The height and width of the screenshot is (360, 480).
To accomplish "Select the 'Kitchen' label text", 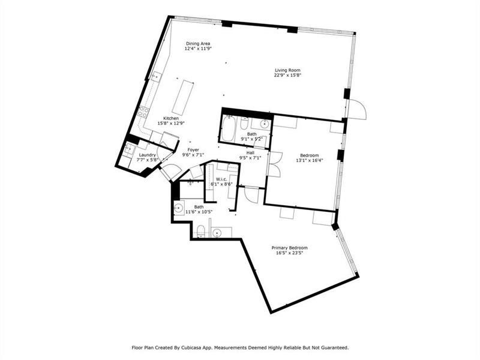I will pos(171,118).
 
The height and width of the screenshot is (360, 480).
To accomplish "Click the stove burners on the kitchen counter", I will pos(143,112).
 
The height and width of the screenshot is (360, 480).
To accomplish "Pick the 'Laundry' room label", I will pos(147,155).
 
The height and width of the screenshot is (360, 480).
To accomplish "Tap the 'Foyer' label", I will pos(193,149).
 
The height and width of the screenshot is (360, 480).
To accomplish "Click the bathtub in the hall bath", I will pos(229,130).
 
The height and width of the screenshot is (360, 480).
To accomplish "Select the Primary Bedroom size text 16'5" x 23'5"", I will pos(289,254).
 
